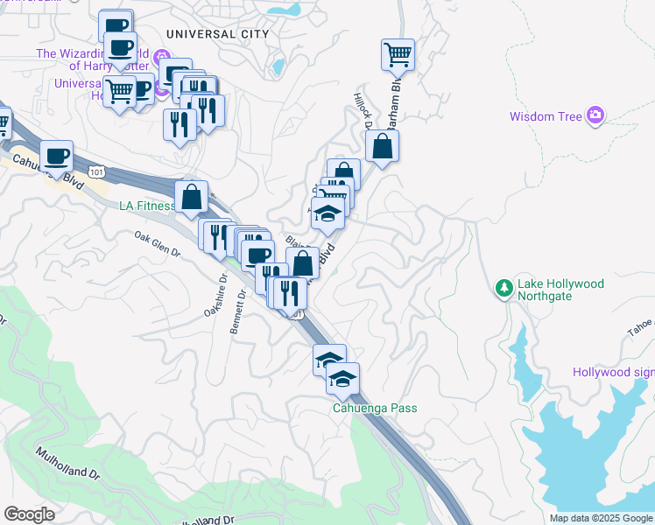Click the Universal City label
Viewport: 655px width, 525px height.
213,34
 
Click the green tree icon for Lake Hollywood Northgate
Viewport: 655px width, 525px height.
504,288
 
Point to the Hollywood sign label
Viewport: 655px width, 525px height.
613,372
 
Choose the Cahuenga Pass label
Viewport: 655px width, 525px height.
374,408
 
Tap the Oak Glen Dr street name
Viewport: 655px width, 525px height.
157,244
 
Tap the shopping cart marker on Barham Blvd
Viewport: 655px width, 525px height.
398,55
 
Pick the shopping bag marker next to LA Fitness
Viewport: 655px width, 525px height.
192,197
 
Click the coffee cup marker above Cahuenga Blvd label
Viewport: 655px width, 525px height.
57,156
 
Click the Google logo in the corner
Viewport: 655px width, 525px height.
29,514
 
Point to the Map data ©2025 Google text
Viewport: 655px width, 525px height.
601,518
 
